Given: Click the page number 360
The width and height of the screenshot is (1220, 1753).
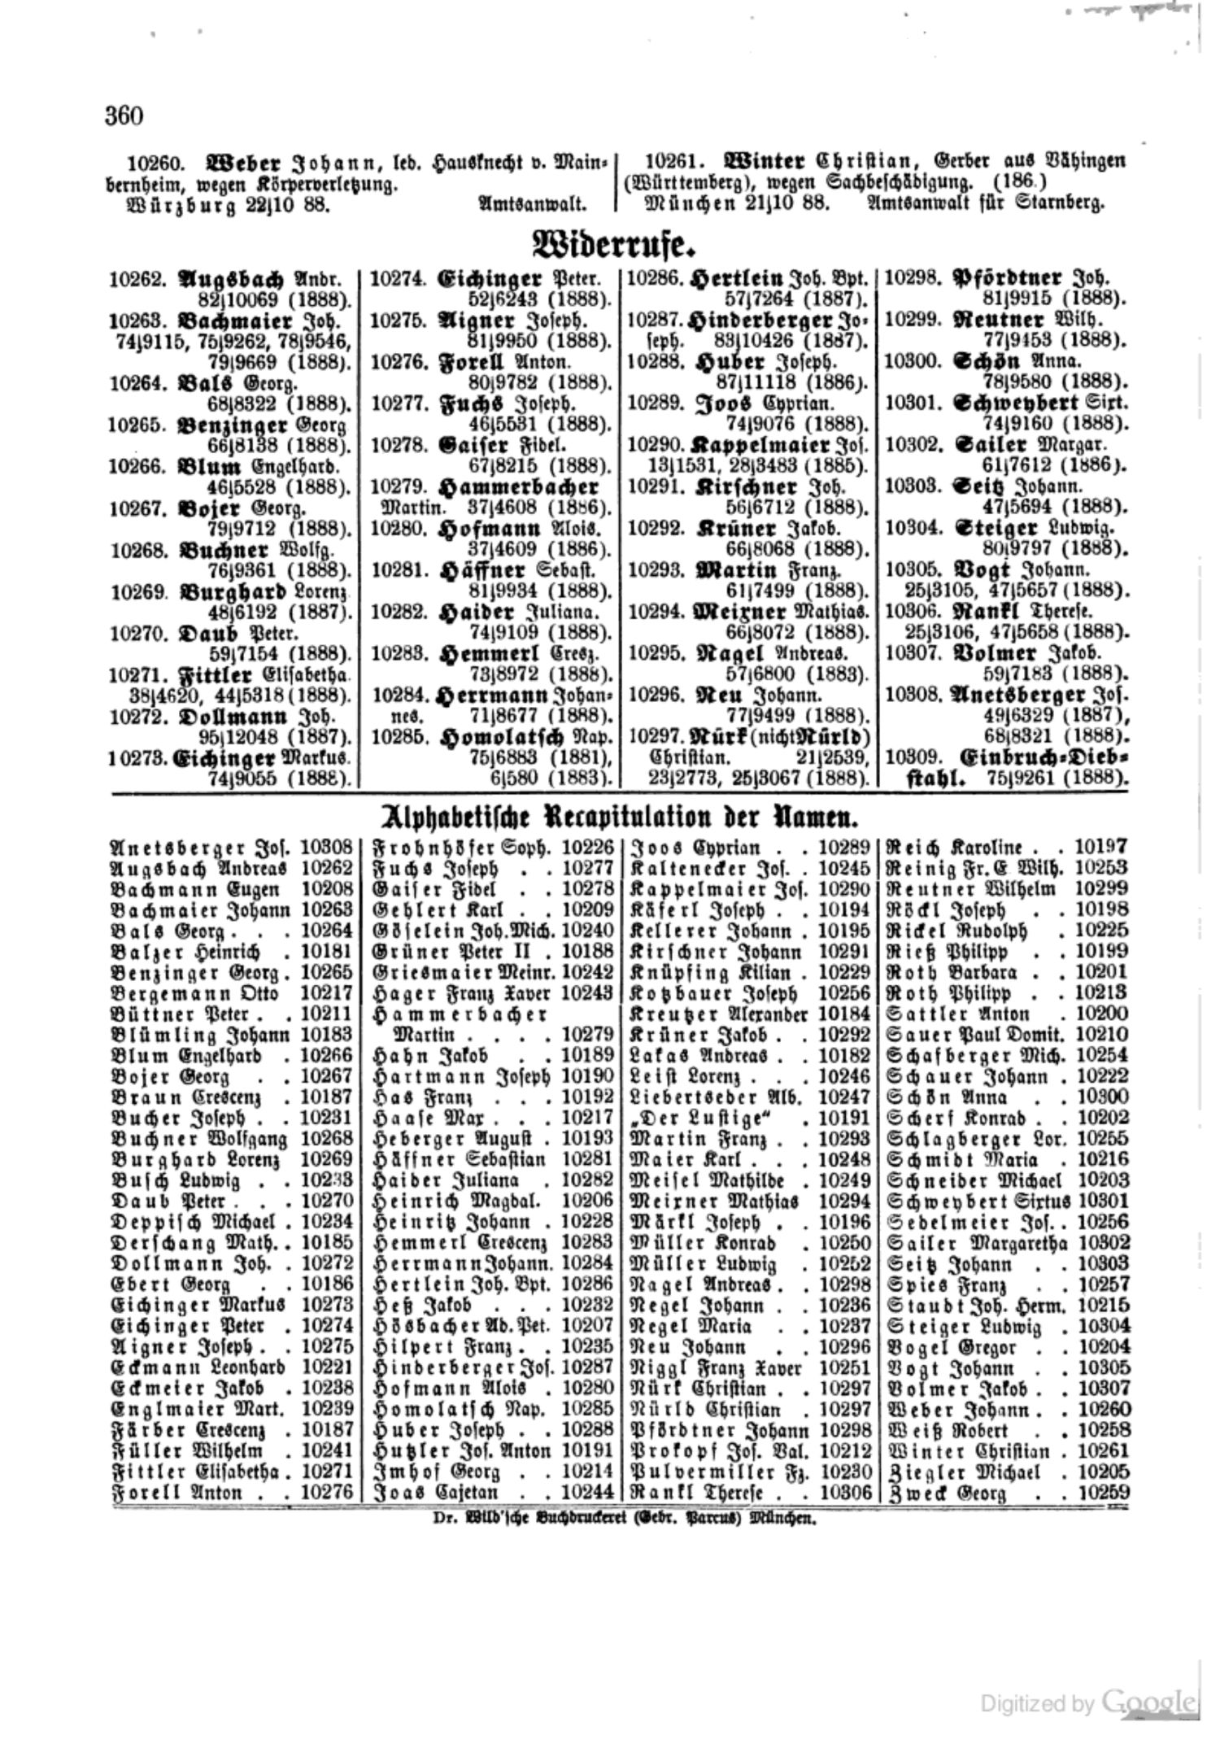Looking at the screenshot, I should pyautogui.click(x=124, y=116).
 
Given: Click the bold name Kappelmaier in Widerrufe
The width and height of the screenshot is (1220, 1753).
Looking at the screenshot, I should pyautogui.click(x=760, y=446).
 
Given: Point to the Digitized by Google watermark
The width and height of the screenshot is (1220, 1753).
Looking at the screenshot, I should pyautogui.click(x=1087, y=1699).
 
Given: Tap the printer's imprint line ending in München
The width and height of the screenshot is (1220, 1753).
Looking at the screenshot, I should pyautogui.click(x=617, y=1518).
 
